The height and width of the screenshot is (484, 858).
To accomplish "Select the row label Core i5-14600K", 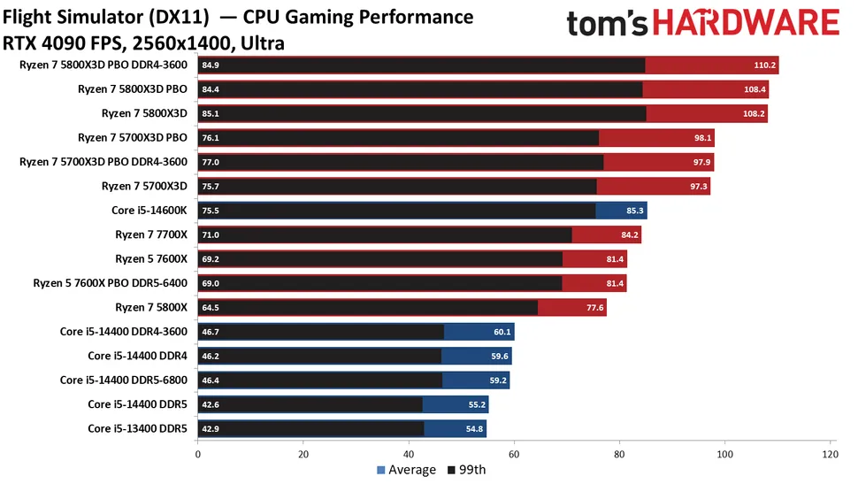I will coord(144,211).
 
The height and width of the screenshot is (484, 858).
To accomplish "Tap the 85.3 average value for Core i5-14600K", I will coord(634,211).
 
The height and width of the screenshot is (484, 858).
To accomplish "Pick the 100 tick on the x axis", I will coord(725,454).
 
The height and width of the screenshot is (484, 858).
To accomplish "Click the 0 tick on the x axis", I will coord(198,454).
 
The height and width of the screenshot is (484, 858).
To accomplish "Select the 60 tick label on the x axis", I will coord(515,454).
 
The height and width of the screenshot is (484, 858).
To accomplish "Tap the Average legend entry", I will coord(406,470).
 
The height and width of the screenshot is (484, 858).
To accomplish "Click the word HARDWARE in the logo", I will coord(751,24).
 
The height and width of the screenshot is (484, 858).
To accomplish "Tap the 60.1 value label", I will coord(502,332).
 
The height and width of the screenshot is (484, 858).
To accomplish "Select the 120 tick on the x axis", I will coord(830,454).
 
